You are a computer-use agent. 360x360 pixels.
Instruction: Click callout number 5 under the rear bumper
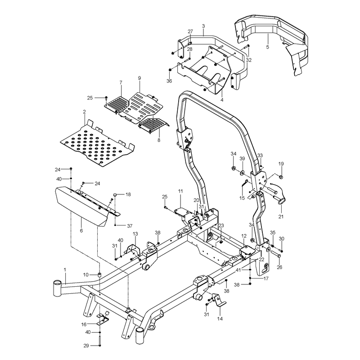click(x=267, y=47)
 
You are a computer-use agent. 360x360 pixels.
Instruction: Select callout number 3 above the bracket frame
click(x=203, y=26)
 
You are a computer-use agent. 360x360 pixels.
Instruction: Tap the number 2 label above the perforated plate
click(x=84, y=112)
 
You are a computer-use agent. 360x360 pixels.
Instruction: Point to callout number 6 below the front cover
click(x=81, y=230)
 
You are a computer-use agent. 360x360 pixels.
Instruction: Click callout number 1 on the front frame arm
click(x=65, y=269)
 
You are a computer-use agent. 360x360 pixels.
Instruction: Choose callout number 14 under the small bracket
click(x=220, y=319)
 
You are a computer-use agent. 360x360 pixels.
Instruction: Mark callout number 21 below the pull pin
click(x=281, y=216)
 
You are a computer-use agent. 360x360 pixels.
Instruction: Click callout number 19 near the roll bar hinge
click(x=281, y=164)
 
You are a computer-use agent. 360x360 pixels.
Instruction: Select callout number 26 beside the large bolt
click(x=279, y=267)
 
